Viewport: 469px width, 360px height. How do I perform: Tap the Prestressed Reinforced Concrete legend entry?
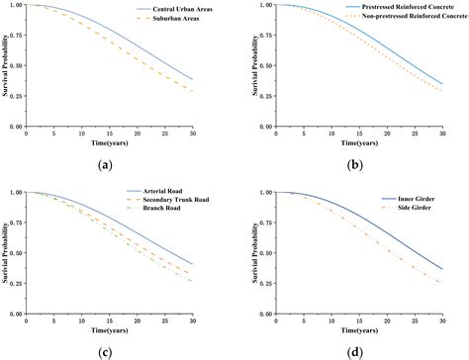(x=409, y=7)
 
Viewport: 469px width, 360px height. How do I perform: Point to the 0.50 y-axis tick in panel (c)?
(x=17, y=253)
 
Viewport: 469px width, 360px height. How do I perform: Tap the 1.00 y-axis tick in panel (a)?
(x=17, y=6)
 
